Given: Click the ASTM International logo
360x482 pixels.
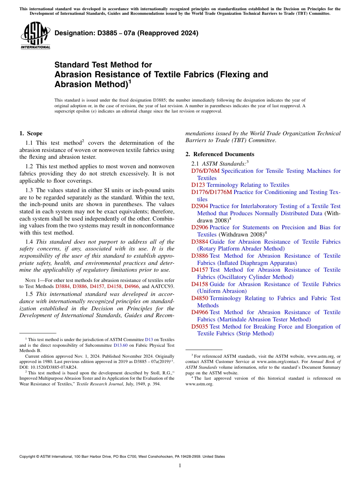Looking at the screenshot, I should pos(35,36).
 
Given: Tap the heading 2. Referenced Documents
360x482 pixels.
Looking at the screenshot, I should pos(220,154).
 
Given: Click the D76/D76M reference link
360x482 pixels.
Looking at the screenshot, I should pos(205,171).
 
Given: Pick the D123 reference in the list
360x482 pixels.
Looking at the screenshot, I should pos(198,185).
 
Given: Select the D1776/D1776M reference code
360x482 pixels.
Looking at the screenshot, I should pos(211,192).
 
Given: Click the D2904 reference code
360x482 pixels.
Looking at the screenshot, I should pos(199,206).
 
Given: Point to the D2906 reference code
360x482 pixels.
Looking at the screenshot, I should pos(199,227).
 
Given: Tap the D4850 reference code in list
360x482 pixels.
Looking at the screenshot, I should pos(199,298).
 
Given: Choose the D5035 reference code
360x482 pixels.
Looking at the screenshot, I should pos(199,327).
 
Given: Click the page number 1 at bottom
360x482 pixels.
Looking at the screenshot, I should pos(180,466).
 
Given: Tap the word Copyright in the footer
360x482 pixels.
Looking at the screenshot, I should pos(28,457).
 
